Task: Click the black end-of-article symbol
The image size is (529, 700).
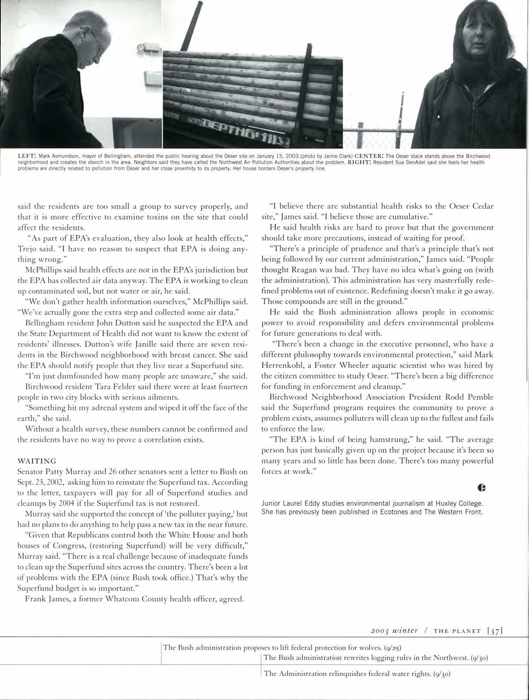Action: [482, 488]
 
